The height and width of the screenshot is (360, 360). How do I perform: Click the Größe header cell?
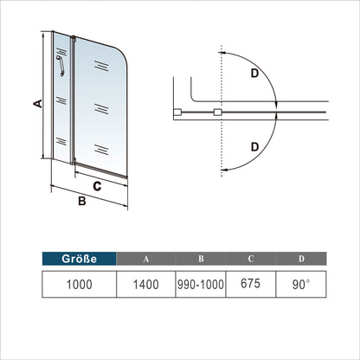click(80, 259)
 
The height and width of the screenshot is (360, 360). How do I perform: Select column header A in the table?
click(146, 259)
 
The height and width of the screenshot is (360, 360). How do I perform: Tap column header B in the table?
click(201, 259)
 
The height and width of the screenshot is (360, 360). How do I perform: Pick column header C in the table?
click(251, 259)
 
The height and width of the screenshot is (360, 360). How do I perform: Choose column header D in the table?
click(301, 259)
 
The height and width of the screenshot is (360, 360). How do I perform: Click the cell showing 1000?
click(80, 284)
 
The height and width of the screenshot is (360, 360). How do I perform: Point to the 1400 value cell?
click(146, 284)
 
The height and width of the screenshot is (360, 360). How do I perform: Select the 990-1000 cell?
click(201, 284)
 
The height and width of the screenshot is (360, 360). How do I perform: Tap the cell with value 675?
click(251, 284)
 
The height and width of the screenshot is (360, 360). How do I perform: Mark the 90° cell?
click(301, 284)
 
